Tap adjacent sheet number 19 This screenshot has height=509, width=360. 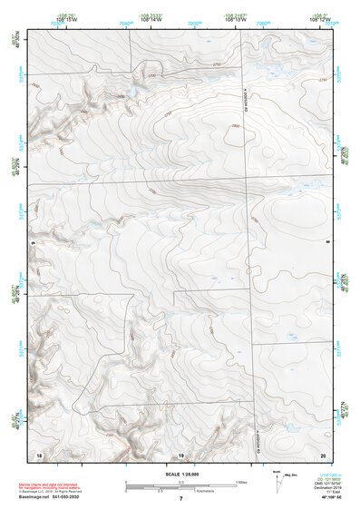[x=180, y=453]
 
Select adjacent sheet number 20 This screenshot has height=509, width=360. [x=324, y=453]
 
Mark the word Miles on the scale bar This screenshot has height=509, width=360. [x=241, y=481]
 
